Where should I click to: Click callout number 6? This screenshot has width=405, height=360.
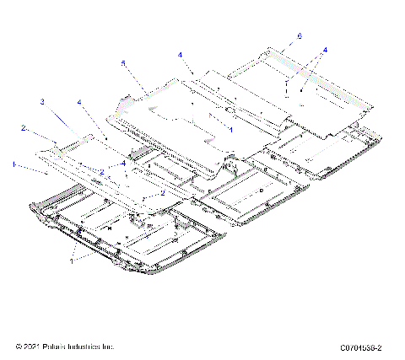pos(299,36)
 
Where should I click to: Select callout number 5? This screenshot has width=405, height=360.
pos(123,62)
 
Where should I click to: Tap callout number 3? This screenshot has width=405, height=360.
pos(41,102)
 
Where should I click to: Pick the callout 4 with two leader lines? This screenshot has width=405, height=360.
pos(325,50)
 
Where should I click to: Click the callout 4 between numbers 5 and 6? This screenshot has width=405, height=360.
pos(180,55)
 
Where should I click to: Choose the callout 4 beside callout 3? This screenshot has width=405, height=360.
pos(80,103)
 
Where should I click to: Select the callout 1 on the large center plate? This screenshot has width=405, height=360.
pos(230,129)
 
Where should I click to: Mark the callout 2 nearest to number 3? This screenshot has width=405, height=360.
pos(24,129)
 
